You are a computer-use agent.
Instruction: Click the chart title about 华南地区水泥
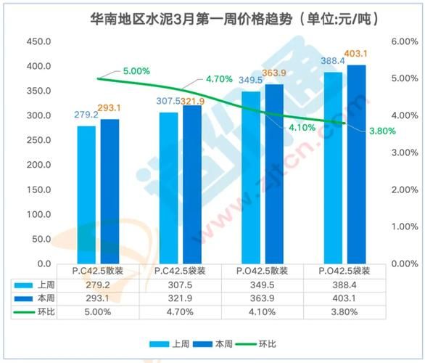point(217,17)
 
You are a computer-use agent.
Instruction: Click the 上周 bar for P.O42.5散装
point(251,177)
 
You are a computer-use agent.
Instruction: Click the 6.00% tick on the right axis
point(405,41)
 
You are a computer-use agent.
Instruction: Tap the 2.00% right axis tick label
point(405,189)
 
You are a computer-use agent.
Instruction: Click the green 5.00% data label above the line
point(136,71)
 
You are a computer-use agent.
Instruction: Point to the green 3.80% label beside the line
point(382,131)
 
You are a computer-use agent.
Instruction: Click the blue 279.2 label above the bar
point(86,115)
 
